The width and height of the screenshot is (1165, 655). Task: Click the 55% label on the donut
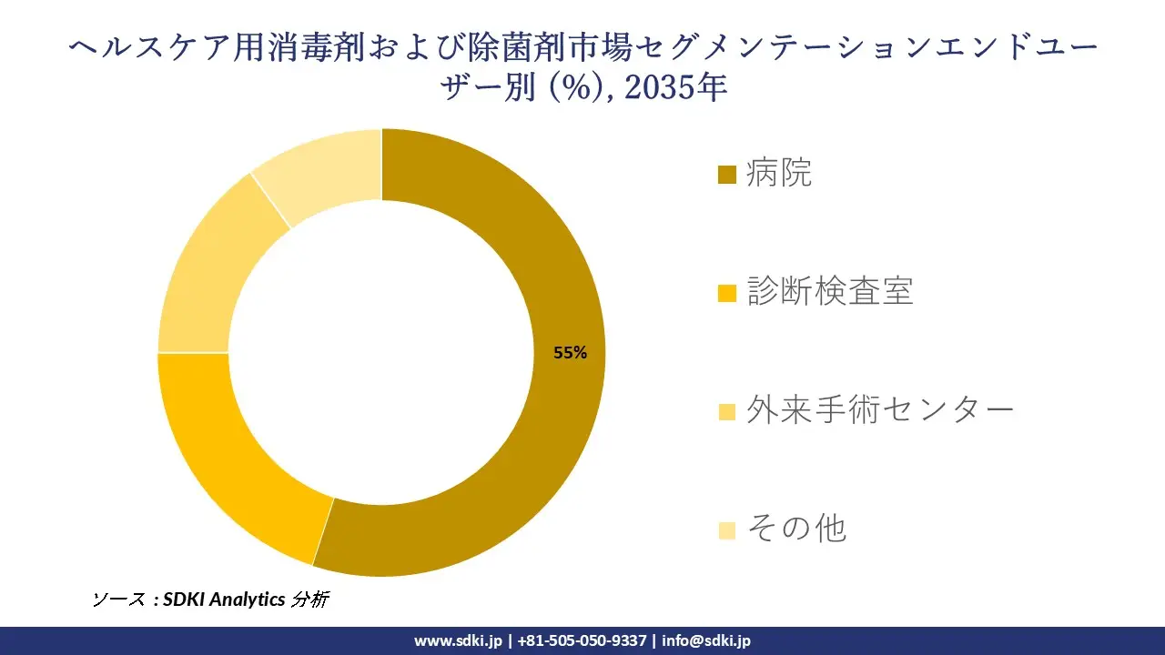tap(570, 354)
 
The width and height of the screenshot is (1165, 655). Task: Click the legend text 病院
tap(779, 173)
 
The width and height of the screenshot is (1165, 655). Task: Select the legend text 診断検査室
tap(830, 291)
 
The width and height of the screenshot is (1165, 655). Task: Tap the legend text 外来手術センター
tap(880, 410)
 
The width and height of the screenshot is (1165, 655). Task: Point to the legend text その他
tap(796, 528)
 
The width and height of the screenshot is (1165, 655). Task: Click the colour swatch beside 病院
tap(726, 175)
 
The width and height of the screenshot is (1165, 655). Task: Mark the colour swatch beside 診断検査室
tap(726, 293)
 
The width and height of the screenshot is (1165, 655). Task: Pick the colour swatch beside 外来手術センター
tap(726, 412)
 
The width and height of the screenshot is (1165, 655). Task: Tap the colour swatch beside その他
tap(726, 529)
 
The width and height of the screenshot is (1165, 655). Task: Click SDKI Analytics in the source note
tap(224, 600)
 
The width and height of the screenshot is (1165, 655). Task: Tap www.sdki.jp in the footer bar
tap(458, 640)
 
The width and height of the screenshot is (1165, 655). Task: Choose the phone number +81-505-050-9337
tap(582, 640)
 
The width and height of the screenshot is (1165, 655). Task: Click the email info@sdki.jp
tap(706, 640)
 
